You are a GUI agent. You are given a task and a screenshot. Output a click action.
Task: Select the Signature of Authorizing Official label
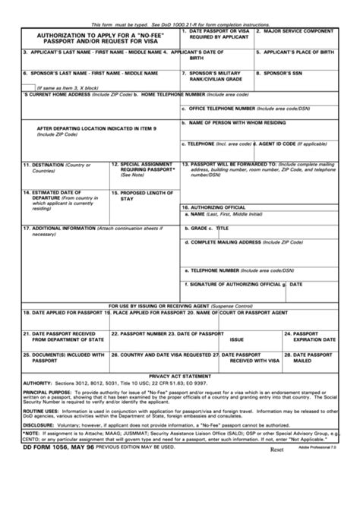coord(232,284)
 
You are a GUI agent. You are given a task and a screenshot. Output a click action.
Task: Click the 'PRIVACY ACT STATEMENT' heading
coord(180,375)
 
